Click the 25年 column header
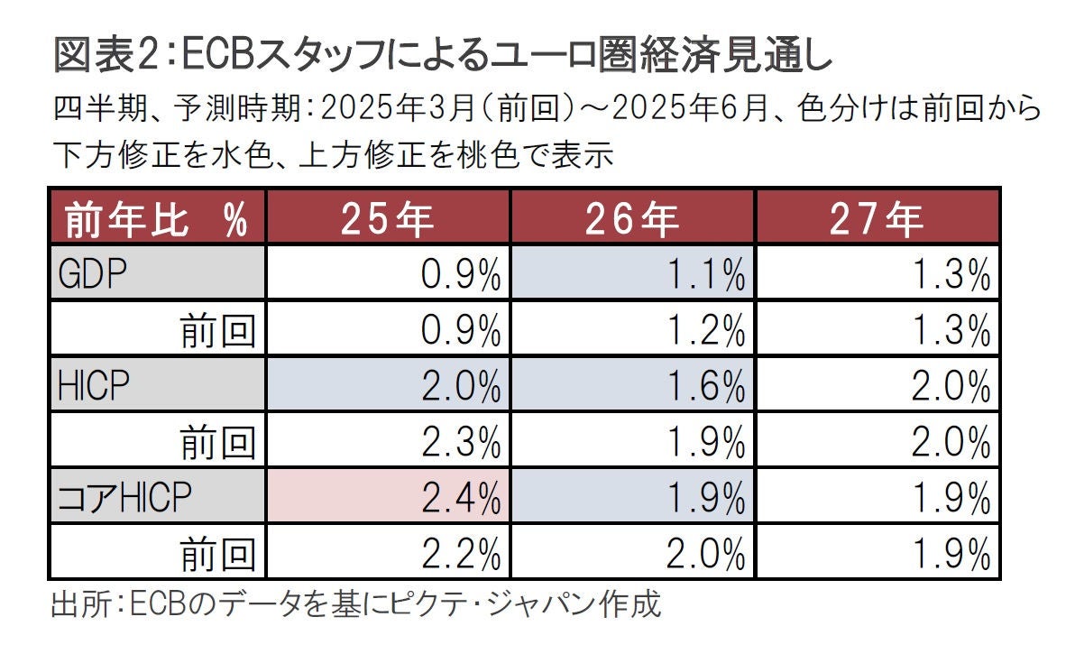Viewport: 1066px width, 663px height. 388,217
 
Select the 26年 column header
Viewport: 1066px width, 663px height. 632,217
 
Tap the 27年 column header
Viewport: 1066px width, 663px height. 878,217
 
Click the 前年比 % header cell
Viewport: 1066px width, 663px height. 157,217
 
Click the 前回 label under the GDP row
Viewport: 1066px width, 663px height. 217,331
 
